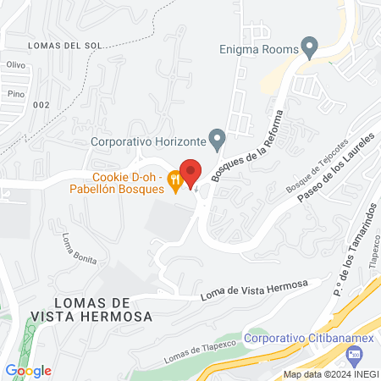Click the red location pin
[190, 172]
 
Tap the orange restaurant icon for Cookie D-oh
[174, 179]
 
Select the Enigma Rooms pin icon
[310, 46]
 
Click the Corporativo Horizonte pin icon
[218, 137]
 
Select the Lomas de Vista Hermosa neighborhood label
[91, 309]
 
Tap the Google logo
[28, 370]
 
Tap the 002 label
[41, 104]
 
